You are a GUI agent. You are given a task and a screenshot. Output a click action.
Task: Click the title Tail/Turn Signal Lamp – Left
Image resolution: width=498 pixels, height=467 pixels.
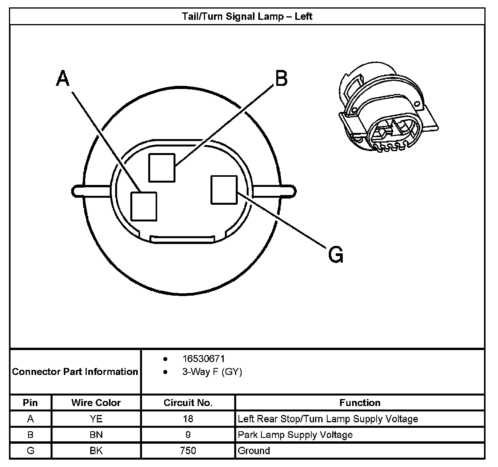[247, 17]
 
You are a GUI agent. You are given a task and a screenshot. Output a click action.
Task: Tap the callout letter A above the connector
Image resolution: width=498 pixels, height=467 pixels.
[62, 78]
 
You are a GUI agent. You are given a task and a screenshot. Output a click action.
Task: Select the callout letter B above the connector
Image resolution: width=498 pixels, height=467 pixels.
[281, 78]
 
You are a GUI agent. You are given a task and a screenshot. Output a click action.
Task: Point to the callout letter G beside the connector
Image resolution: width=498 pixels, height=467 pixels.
[336, 254]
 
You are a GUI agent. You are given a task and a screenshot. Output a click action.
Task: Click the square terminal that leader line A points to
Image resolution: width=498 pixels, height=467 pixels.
[144, 206]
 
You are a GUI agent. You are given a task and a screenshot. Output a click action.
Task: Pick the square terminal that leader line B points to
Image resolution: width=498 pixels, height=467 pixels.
[162, 167]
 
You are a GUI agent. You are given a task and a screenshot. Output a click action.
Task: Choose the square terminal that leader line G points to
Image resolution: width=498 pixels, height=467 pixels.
[224, 190]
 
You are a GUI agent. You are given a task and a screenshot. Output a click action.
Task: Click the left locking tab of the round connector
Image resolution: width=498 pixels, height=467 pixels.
[91, 191]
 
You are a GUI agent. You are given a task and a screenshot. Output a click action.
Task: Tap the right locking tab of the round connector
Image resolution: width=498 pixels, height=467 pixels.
[274, 191]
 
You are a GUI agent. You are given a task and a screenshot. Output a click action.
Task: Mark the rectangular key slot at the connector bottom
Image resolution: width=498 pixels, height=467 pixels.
[182, 239]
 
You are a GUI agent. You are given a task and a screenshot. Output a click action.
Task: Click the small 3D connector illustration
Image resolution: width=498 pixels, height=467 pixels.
[388, 107]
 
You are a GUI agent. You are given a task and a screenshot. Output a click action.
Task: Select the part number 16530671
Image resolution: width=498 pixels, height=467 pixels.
[203, 359]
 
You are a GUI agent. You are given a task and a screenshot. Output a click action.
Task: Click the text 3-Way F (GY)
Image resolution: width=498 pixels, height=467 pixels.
[212, 372]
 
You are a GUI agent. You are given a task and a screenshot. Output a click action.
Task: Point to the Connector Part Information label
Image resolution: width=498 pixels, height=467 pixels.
[75, 371]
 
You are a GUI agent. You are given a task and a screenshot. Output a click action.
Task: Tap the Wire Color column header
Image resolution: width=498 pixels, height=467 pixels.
[96, 403]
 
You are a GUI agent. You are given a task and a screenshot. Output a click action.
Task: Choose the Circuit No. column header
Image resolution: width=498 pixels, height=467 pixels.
[188, 403]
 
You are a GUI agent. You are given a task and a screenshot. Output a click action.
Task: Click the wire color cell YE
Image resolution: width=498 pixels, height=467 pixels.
[96, 419]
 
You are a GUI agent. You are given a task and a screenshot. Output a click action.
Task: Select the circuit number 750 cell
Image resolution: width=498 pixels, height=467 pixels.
[188, 450]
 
